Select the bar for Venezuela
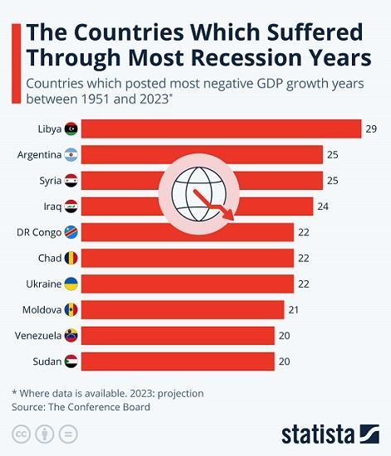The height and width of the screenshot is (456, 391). point(178,336)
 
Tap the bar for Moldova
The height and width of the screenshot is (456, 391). point(183,310)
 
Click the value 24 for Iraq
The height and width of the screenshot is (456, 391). point(323,206)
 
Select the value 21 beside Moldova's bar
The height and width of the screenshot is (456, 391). point(294,310)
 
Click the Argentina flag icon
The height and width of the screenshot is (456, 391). point(71,155)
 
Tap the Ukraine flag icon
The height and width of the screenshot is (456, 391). point(71,284)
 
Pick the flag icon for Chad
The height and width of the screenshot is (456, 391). point(71,259)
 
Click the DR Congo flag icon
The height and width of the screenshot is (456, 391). point(71,232)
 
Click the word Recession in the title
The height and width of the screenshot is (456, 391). point(256,58)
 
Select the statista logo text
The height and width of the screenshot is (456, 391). point(319,434)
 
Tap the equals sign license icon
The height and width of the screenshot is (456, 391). point(69,434)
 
